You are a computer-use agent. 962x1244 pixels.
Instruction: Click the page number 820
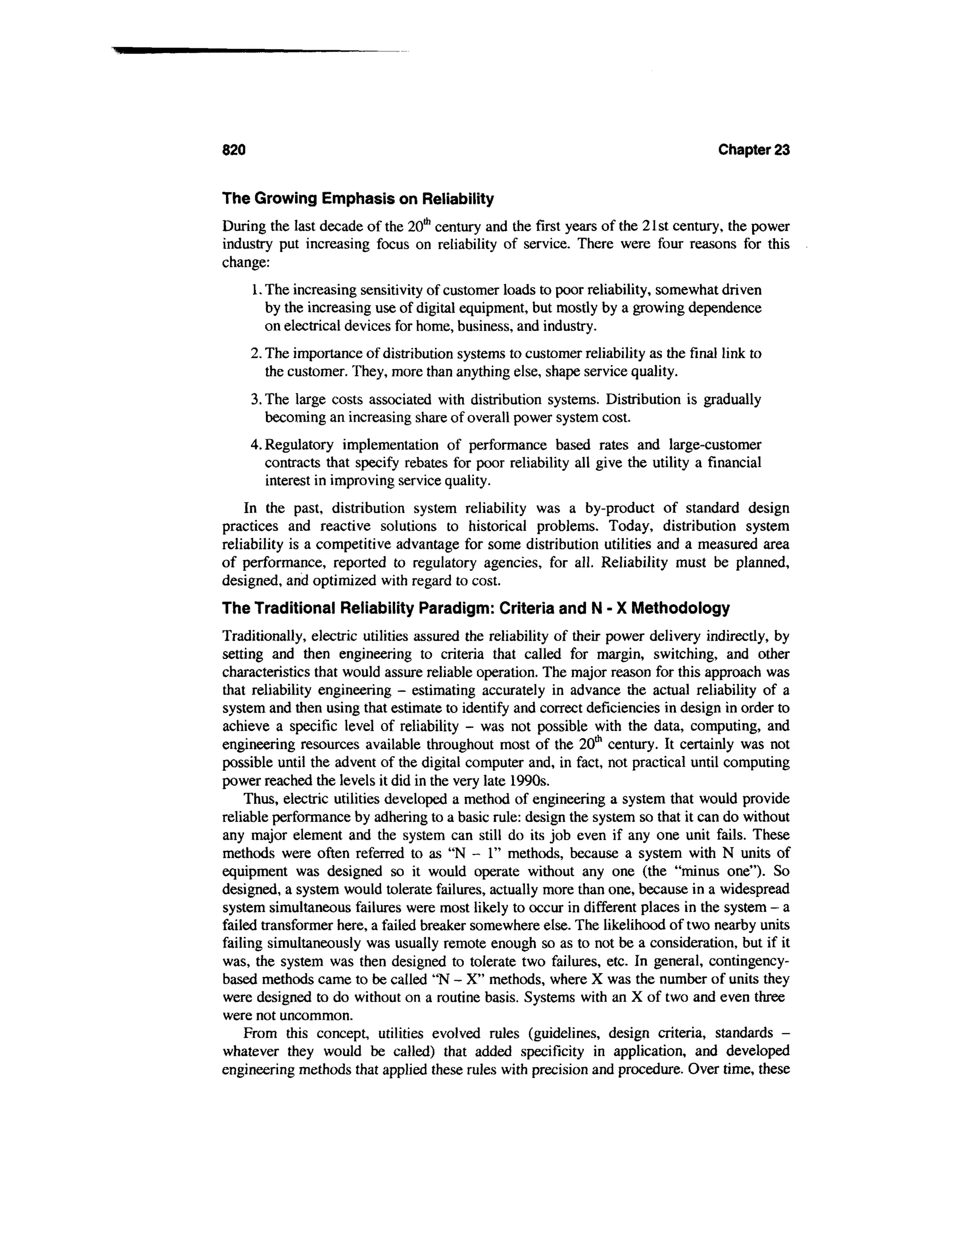(233, 150)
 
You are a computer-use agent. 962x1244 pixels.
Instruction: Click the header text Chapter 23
(753, 150)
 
